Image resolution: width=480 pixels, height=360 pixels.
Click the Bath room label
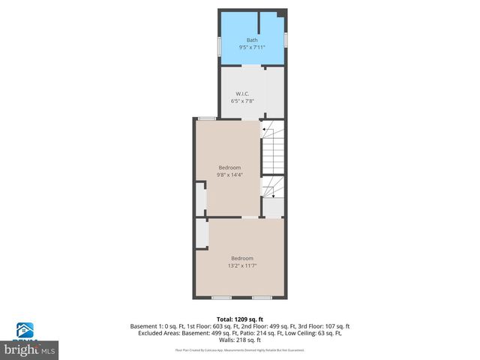click(x=252, y=40)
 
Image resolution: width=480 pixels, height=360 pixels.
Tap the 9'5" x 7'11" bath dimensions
click(x=252, y=47)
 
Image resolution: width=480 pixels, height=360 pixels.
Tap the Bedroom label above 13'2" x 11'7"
click(x=242, y=258)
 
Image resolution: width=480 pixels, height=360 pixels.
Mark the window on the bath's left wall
click(x=219, y=46)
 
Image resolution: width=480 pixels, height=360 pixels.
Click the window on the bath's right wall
click(x=286, y=40)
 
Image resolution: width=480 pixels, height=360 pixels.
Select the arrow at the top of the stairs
click(x=265, y=130)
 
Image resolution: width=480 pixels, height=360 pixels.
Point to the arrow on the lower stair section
click(x=273, y=195)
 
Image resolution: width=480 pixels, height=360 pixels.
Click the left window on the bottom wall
click(x=220, y=298)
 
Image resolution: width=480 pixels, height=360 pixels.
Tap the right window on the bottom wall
click(x=261, y=298)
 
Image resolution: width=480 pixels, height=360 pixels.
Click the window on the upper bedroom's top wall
click(x=207, y=118)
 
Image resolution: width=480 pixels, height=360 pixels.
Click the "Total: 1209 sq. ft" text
click(x=240, y=318)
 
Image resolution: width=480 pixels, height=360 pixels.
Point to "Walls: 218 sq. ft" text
click(x=240, y=340)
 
